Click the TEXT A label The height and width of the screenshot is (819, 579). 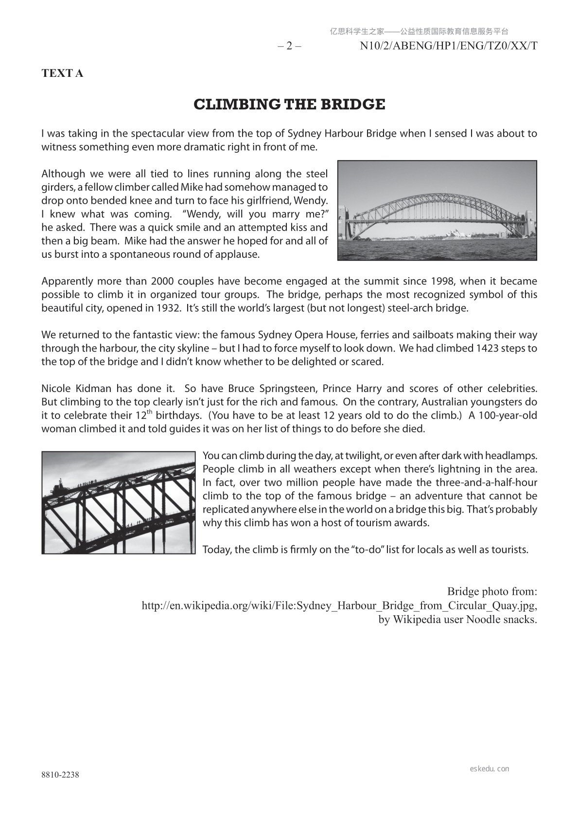click(62, 73)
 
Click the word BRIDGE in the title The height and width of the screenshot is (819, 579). click(354, 105)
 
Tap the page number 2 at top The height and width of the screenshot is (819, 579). click(289, 46)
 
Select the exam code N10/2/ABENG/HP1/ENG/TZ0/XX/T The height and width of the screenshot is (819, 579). click(448, 46)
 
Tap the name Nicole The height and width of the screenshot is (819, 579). click(56, 389)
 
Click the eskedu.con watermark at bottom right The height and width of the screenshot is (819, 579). click(490, 769)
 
